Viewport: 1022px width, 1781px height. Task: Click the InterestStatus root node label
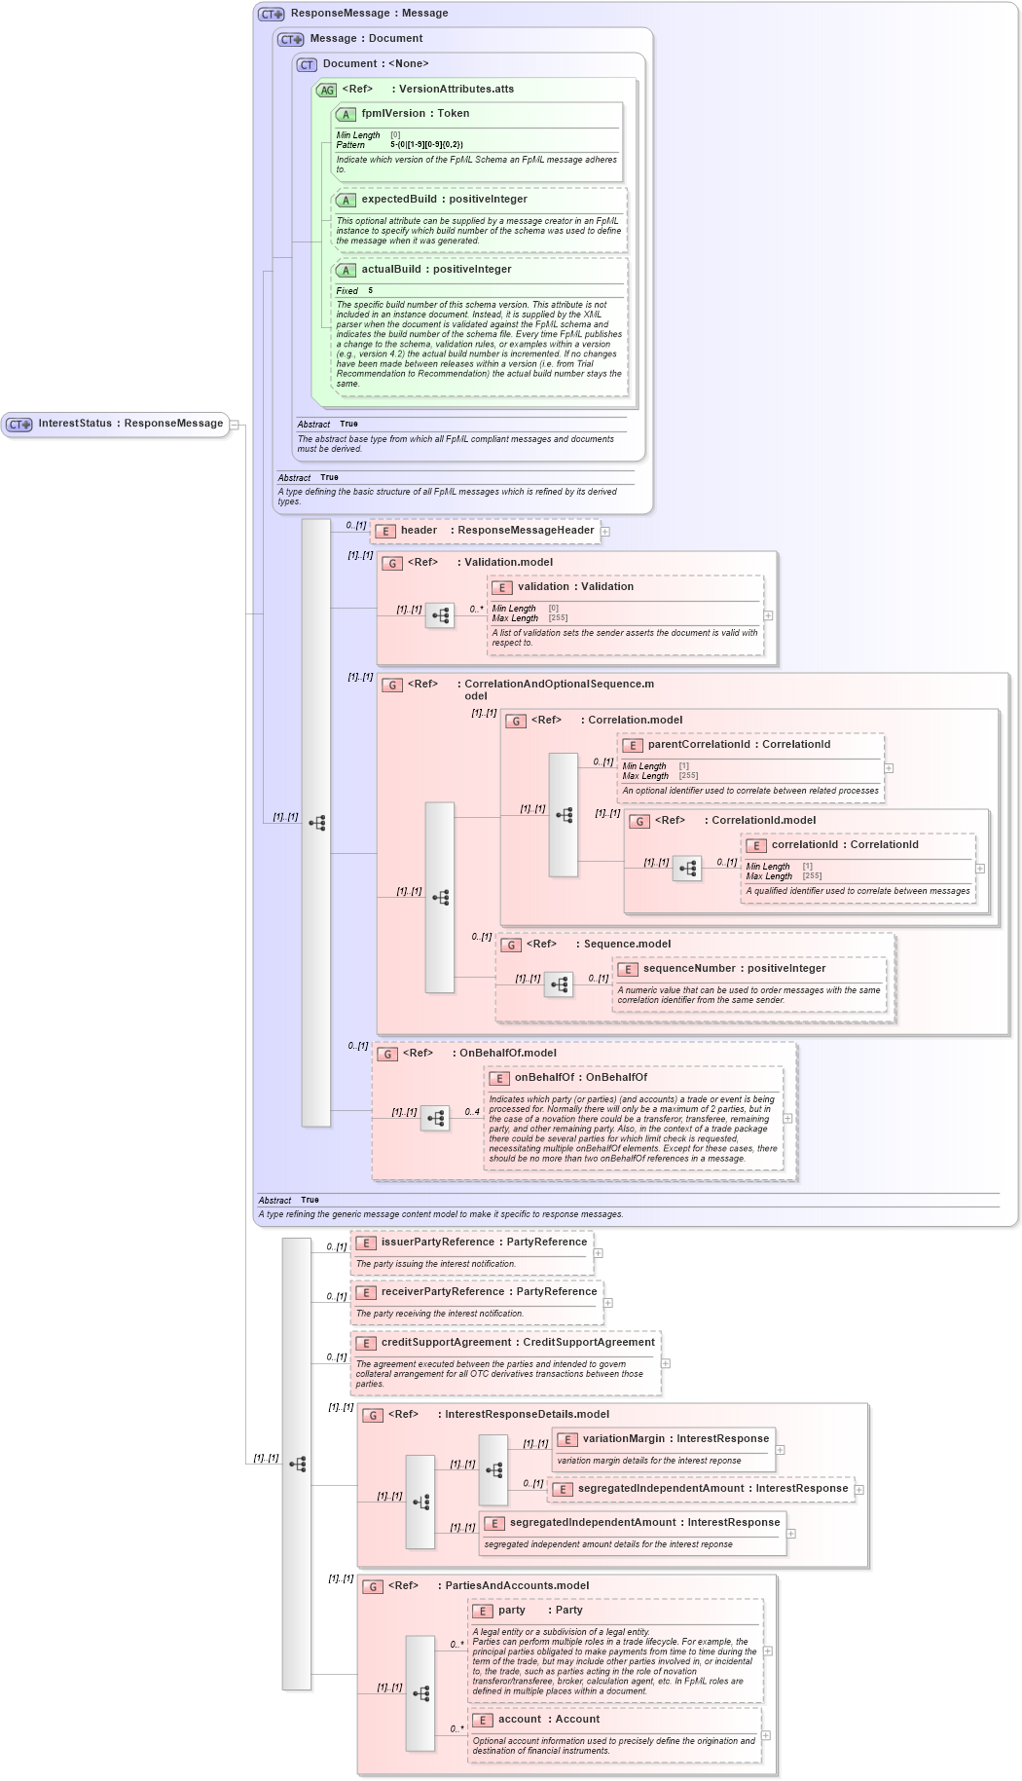pyautogui.click(x=130, y=424)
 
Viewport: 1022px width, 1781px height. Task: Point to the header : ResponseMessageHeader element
pyautogui.click(x=496, y=531)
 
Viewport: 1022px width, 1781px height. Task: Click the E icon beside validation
pyautogui.click(x=502, y=587)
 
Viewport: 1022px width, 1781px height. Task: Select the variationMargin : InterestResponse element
pyautogui.click(x=675, y=1439)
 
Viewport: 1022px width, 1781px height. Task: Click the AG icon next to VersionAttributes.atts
pyautogui.click(x=326, y=90)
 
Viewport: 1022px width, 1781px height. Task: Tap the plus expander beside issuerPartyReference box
pyautogui.click(x=599, y=1253)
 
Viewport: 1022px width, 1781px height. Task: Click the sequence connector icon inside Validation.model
pyautogui.click(x=440, y=615)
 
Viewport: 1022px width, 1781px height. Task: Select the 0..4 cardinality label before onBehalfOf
pyautogui.click(x=471, y=1112)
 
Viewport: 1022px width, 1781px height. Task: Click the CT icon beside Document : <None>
pyautogui.click(x=307, y=64)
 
